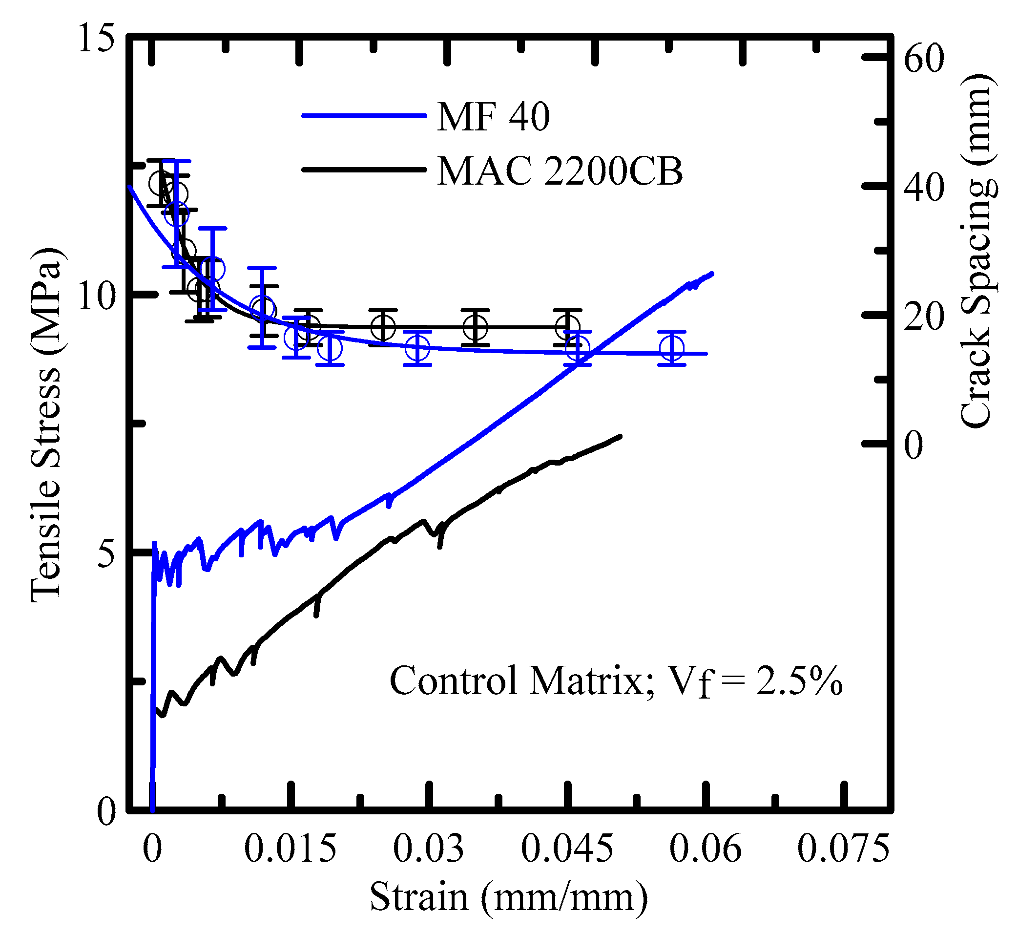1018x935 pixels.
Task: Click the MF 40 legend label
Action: (x=493, y=117)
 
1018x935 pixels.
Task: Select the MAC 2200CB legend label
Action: (x=560, y=171)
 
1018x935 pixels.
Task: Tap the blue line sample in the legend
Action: (x=364, y=116)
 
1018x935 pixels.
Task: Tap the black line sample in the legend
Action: (x=364, y=170)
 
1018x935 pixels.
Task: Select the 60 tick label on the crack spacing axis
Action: (x=923, y=58)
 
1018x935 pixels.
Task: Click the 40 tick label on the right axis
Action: (x=923, y=187)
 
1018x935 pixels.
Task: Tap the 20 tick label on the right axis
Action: (x=923, y=317)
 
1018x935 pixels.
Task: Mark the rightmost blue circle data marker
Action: (x=672, y=348)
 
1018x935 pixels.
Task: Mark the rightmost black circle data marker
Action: (x=567, y=327)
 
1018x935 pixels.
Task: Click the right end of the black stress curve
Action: (x=620, y=436)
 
